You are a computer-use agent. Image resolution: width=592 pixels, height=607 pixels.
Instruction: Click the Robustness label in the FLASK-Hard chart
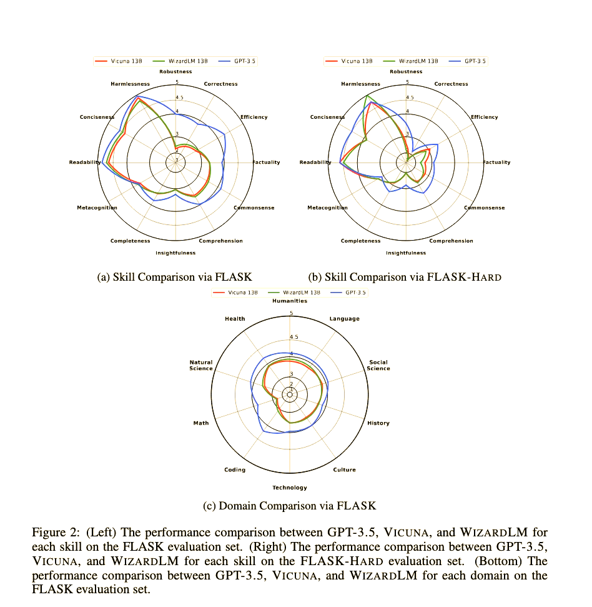(406, 72)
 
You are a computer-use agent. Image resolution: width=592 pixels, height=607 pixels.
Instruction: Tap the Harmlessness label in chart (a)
(130, 84)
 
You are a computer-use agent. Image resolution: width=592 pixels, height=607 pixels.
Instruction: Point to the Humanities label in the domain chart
(290, 301)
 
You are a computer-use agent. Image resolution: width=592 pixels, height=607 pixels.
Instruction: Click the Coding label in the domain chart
(235, 469)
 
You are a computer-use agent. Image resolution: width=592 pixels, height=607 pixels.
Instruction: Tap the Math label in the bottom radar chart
(201, 423)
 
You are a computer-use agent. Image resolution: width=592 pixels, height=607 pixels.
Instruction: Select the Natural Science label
(201, 365)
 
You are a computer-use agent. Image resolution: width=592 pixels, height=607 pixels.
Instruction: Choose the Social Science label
(378, 365)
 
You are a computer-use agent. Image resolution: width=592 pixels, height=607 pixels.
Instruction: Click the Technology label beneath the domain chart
(290, 488)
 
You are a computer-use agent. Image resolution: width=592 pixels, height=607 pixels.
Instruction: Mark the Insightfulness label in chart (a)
(175, 253)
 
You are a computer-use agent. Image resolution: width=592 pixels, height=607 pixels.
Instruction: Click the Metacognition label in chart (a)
(97, 208)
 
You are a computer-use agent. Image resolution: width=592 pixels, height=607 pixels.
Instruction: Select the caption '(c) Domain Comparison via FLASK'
(290, 505)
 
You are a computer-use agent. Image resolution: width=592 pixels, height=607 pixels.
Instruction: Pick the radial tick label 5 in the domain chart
(290, 313)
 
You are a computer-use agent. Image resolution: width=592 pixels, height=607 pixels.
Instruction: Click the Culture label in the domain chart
(345, 469)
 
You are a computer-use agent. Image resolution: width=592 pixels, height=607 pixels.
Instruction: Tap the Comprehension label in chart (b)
(451, 241)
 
